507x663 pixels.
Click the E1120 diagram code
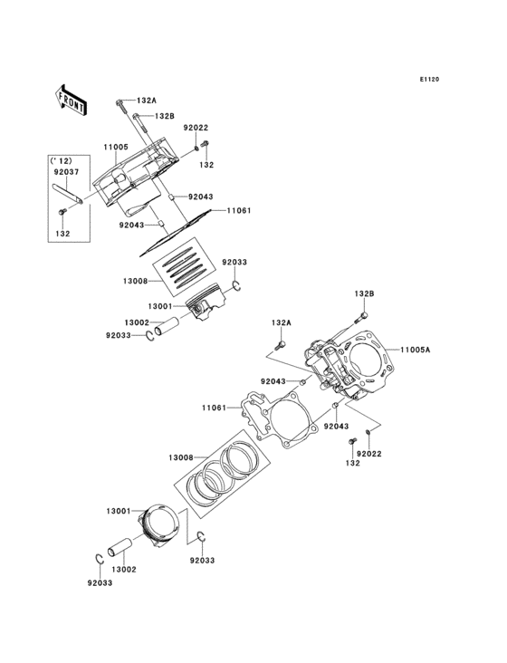pos(428,80)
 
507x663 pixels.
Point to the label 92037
pos(64,170)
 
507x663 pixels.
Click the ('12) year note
pos(62,160)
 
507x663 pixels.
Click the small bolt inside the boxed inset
pos(62,212)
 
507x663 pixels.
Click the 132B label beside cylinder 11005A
pos(364,294)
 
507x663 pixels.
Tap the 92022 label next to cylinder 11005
pos(196,128)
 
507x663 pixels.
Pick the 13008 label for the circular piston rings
pos(180,457)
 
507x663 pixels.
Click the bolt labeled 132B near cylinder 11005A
pos(364,316)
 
